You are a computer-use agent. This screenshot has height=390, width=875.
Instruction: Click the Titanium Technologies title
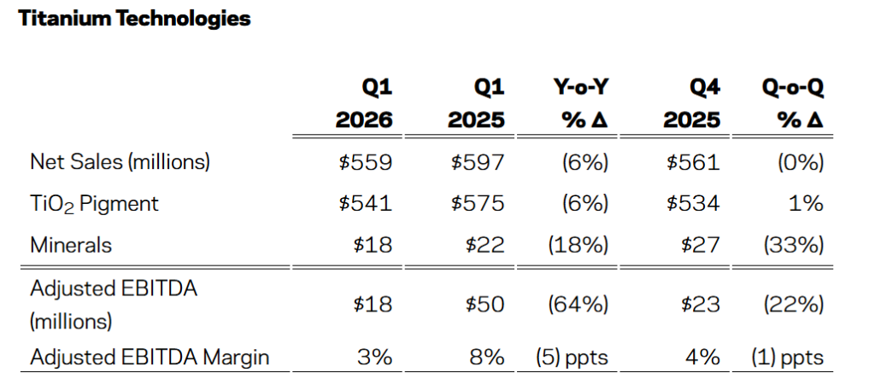[x=134, y=19]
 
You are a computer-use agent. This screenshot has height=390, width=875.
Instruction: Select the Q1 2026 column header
[x=364, y=103]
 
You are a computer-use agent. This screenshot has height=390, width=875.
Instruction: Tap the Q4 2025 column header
[x=692, y=103]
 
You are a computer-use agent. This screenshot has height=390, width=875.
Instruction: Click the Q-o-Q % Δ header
[x=792, y=103]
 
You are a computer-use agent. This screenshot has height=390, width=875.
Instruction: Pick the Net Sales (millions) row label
[x=120, y=162]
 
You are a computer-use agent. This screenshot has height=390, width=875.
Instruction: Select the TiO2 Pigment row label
[x=94, y=203]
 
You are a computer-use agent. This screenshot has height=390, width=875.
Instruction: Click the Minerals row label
[x=71, y=245]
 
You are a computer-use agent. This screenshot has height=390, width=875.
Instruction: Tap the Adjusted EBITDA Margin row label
[x=150, y=357]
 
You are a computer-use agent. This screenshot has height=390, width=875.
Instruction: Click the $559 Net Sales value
[x=366, y=162]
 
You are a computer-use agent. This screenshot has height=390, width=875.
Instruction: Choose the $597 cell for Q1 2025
[x=478, y=162]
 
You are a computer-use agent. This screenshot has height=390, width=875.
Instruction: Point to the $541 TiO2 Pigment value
[x=366, y=203]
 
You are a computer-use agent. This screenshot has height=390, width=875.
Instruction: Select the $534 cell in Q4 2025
[x=693, y=203]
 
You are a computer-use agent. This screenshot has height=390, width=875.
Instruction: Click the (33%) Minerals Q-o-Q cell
[x=794, y=245]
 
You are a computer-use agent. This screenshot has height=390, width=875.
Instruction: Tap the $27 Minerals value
[x=701, y=245]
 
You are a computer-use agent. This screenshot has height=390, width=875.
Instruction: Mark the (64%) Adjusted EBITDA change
[x=578, y=304]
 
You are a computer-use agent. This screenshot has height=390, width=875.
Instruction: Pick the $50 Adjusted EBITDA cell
[x=485, y=304]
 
